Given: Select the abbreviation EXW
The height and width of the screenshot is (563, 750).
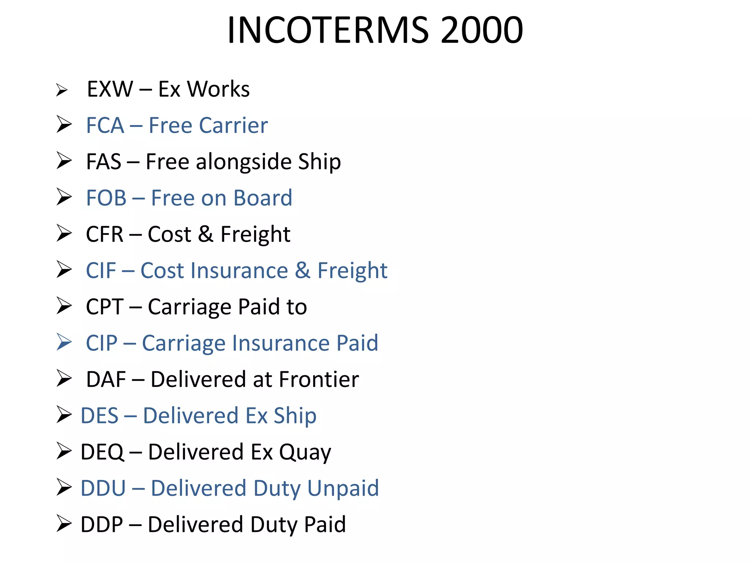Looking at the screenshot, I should click(x=110, y=89).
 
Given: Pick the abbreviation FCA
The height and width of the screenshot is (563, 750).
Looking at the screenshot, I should click(x=105, y=125).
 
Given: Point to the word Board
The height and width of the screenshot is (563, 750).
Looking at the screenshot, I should click(x=263, y=198).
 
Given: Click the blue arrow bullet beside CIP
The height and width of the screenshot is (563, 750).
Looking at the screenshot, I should click(x=64, y=342).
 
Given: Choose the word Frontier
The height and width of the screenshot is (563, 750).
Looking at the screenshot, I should click(x=319, y=379).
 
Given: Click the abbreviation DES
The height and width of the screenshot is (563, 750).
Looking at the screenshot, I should click(x=99, y=416).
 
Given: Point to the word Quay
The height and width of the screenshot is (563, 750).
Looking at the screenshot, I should click(x=305, y=452).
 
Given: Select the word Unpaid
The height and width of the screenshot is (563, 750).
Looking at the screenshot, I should click(x=343, y=488).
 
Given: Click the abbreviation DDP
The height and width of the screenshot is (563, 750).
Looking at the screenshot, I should click(x=101, y=525).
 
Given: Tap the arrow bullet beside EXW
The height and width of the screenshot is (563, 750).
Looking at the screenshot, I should click(x=62, y=90).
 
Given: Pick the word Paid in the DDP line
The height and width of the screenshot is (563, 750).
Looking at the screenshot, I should click(x=325, y=525).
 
